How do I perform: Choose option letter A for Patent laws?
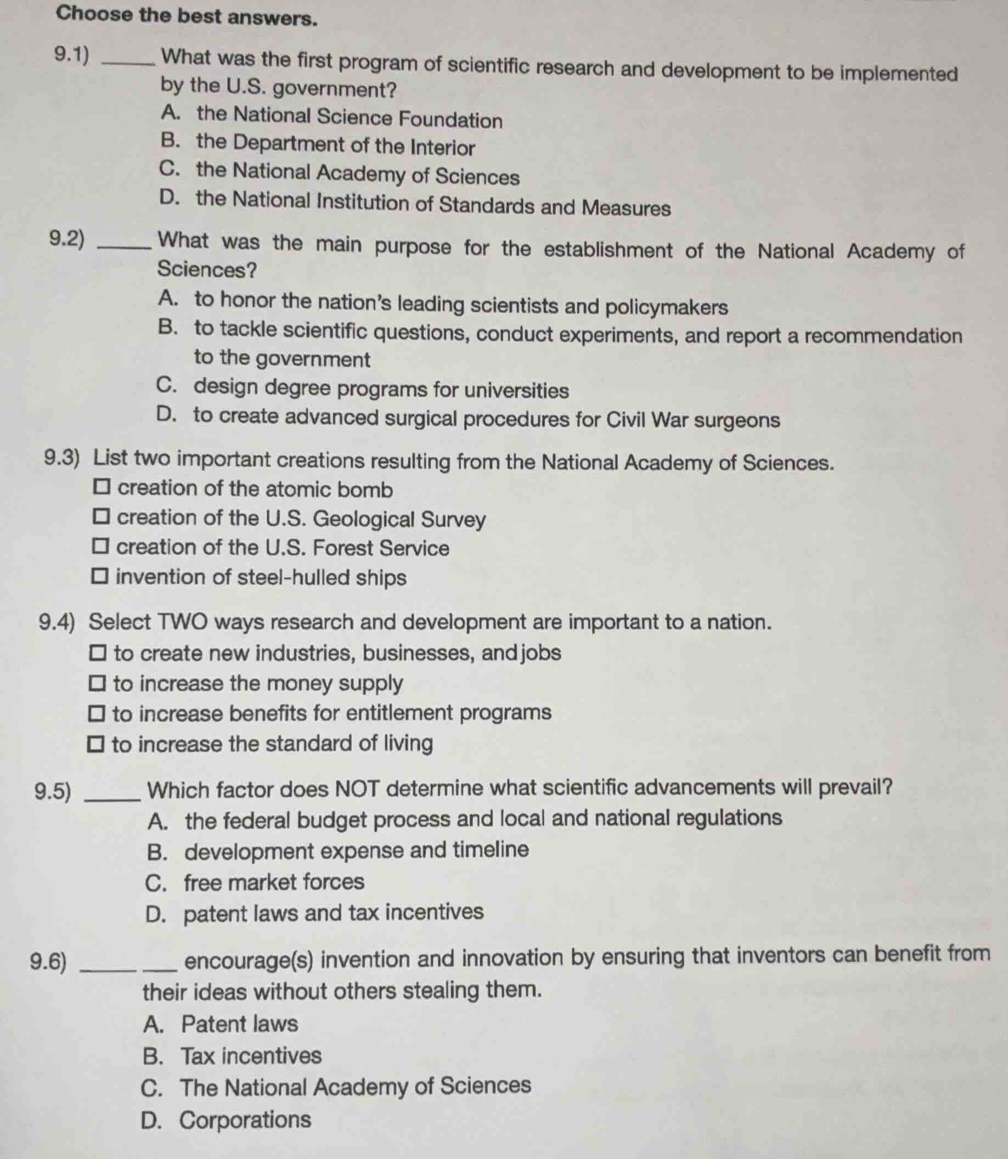click(153, 1024)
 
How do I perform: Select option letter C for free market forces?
click(155, 883)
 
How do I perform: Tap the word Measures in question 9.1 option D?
click(626, 207)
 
